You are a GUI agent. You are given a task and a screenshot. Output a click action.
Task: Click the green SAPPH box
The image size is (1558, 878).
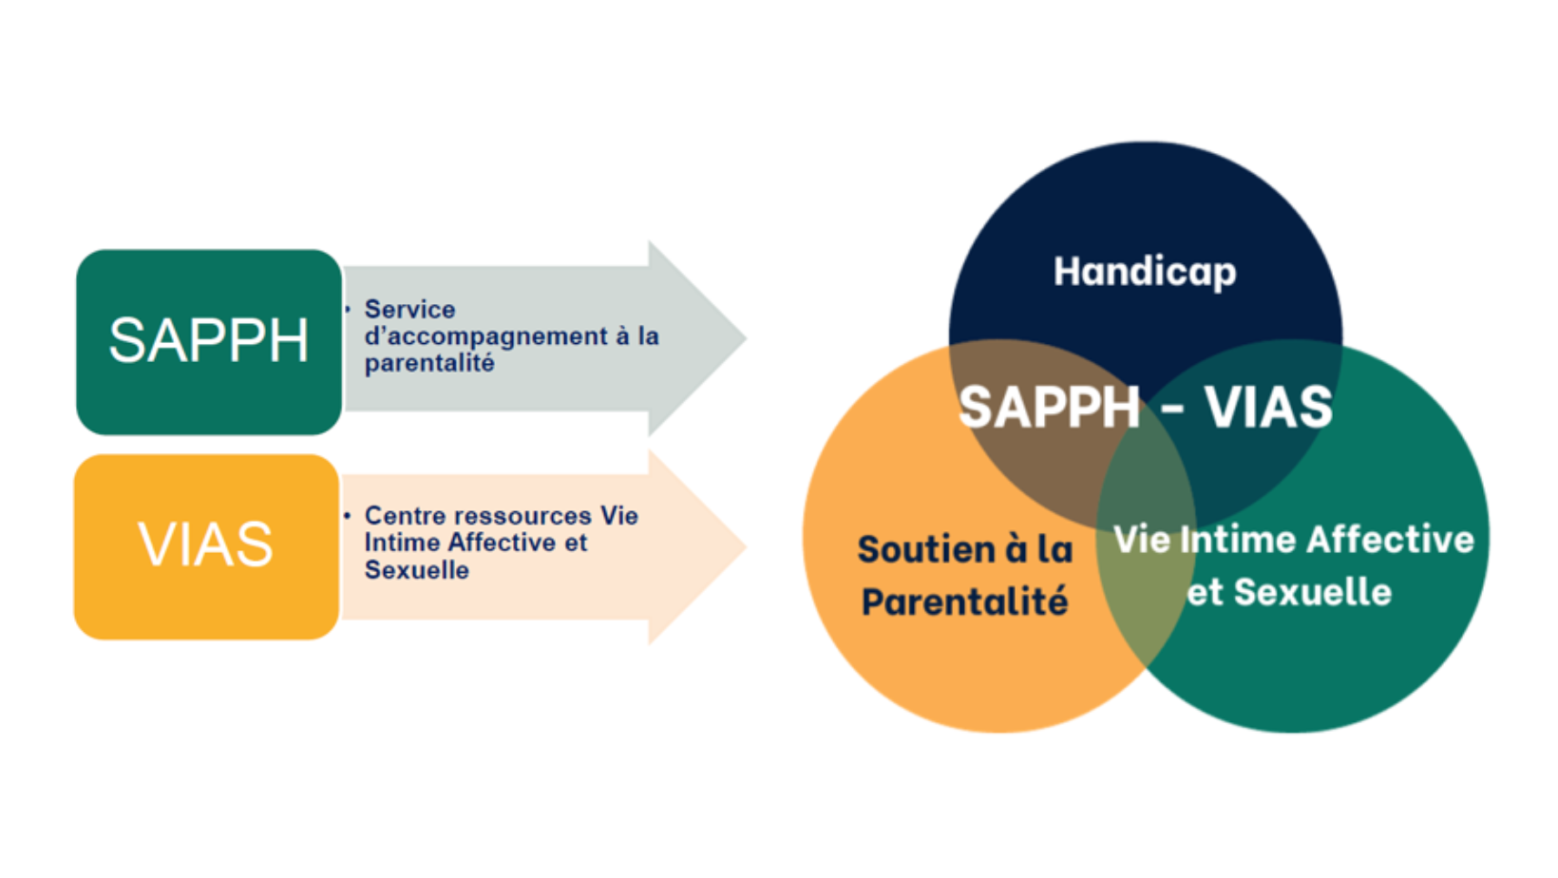tap(209, 341)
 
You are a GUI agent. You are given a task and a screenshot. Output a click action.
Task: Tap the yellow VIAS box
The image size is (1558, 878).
tap(206, 546)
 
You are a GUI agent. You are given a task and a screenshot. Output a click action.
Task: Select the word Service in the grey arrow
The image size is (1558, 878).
tap(409, 309)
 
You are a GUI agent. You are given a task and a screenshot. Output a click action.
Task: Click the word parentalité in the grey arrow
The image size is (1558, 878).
tap(429, 363)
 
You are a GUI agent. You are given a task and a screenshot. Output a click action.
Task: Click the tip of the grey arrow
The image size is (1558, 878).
tap(747, 339)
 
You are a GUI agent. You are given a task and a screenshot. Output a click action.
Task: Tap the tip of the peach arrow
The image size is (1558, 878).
tap(747, 546)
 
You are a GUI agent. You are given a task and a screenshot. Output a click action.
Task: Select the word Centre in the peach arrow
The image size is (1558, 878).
tap(408, 516)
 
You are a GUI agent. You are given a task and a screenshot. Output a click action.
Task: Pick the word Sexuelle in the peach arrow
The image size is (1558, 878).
tap(417, 570)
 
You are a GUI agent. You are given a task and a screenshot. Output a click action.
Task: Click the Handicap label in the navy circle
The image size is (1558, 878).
tap(1145, 272)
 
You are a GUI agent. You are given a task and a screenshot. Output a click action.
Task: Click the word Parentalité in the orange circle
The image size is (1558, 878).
tap(964, 601)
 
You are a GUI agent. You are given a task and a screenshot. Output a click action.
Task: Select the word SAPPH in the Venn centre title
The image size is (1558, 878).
tap(1049, 408)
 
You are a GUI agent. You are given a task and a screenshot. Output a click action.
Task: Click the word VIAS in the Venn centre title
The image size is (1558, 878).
tap(1268, 407)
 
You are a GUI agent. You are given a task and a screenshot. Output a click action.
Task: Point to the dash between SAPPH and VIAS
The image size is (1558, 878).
tap(1172, 410)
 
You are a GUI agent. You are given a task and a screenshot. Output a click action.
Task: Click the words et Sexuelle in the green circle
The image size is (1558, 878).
tap(1289, 592)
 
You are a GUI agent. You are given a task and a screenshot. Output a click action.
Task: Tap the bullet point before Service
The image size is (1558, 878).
tap(347, 308)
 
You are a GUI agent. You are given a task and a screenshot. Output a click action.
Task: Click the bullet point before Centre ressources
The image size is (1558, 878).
tap(347, 516)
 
